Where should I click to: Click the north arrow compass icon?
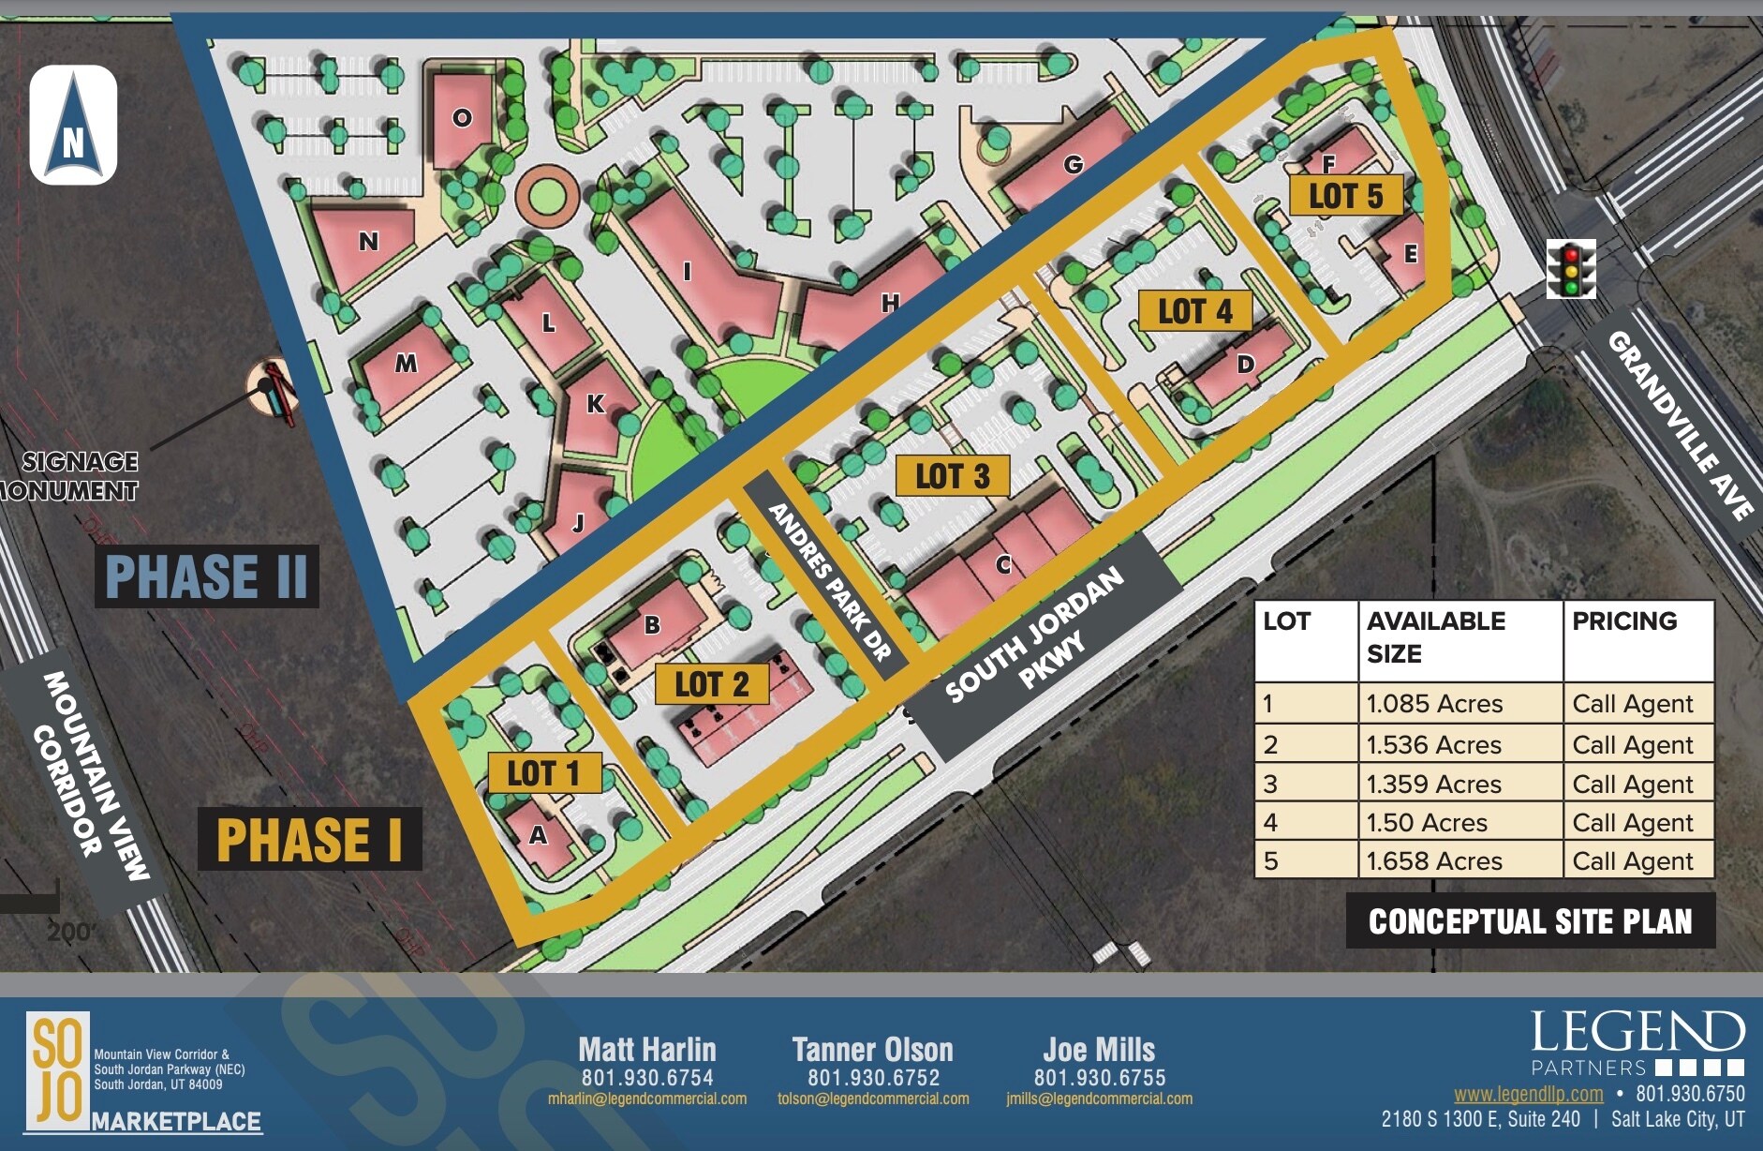73,125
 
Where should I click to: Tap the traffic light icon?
1571,269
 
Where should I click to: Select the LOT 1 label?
544,774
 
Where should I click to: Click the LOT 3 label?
953,476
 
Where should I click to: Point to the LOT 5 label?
1345,196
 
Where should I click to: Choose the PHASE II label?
206,576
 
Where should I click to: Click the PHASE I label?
309,839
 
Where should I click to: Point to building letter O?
462,118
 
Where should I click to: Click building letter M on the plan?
406,364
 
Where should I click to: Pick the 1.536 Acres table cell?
1434,745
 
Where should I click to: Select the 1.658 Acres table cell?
1434,861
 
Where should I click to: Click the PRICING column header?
1624,621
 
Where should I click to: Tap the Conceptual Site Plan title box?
1530,921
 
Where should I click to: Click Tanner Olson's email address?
873,1099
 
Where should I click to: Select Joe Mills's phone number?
1100,1078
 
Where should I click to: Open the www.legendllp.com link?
1528,1094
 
